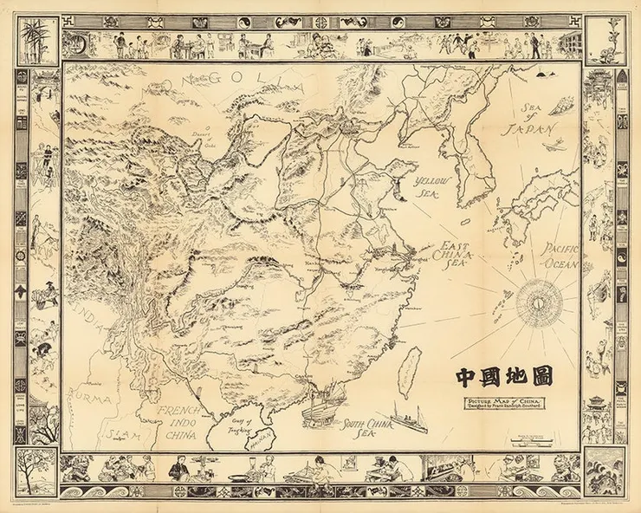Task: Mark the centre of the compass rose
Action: pyautogui.click(x=541, y=304)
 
